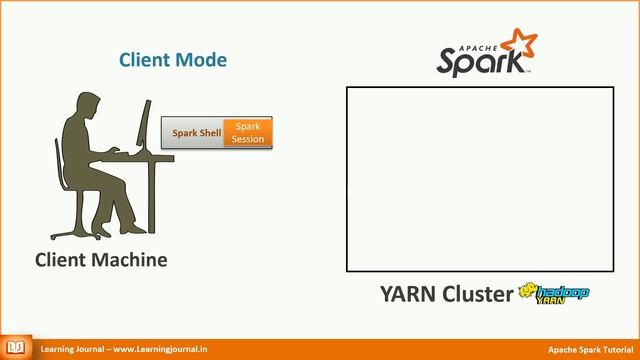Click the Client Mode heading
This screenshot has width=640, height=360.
tap(173, 60)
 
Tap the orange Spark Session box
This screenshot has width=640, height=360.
tap(247, 132)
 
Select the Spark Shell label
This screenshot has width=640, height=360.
tap(195, 132)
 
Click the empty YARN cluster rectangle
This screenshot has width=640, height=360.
tap(480, 179)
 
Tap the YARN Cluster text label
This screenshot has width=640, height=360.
tap(446, 293)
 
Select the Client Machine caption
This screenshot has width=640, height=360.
tap(101, 260)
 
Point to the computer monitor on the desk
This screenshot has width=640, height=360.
tap(146, 125)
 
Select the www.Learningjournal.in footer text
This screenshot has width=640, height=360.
tap(160, 349)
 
